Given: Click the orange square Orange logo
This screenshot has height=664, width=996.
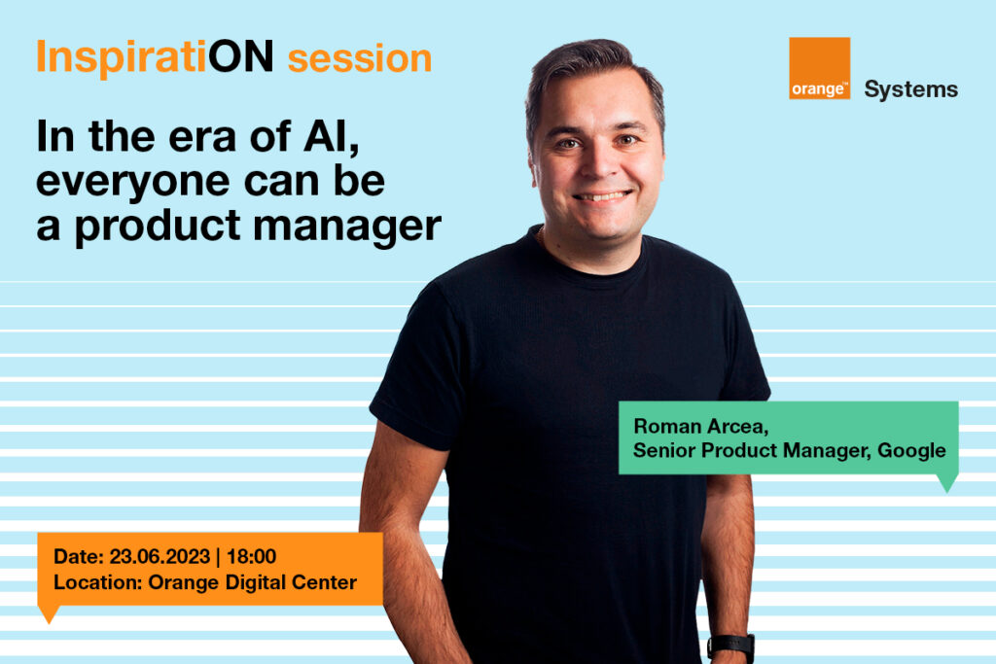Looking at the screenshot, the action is pos(819,68).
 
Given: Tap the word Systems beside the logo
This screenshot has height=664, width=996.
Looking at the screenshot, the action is pos(910,90).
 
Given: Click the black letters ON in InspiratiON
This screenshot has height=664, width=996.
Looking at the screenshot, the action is pos(241,57).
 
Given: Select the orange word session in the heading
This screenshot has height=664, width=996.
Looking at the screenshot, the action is pos(360,58).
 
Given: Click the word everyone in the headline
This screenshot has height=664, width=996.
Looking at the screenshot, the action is pos(134,183).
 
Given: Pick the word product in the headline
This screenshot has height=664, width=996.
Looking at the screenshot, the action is pos(158,227).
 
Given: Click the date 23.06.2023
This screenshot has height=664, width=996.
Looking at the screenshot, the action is pos(160,557).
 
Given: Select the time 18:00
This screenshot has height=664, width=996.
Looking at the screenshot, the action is pos(252,557).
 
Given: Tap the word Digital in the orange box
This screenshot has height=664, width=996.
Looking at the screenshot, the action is pos(253,582).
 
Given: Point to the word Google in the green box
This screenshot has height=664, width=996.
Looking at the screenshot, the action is pos(911,451).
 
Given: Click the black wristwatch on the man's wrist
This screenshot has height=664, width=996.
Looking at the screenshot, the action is pos(730,647).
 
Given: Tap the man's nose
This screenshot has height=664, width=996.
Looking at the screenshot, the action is pos(596,163).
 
